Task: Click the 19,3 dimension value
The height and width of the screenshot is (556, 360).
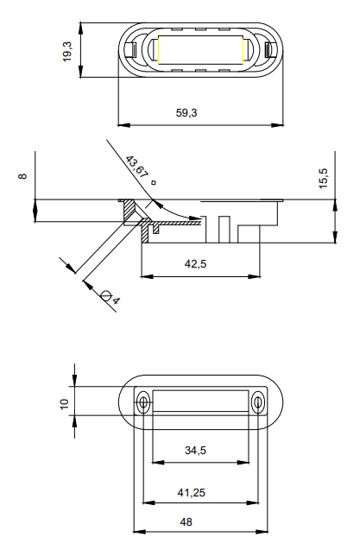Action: [x=67, y=52]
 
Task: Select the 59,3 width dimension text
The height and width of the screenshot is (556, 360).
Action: [x=186, y=113]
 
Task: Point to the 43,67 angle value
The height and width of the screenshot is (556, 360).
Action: [x=137, y=167]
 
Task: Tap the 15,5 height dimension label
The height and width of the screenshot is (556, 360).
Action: [x=324, y=179]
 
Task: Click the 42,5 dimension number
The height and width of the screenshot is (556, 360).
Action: [x=195, y=264]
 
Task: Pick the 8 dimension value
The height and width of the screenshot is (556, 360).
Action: [x=22, y=176]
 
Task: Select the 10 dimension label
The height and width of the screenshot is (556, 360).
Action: [x=64, y=404]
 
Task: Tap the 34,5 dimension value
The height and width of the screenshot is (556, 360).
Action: [x=195, y=451]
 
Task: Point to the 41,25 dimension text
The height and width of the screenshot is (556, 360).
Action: [x=192, y=492]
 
